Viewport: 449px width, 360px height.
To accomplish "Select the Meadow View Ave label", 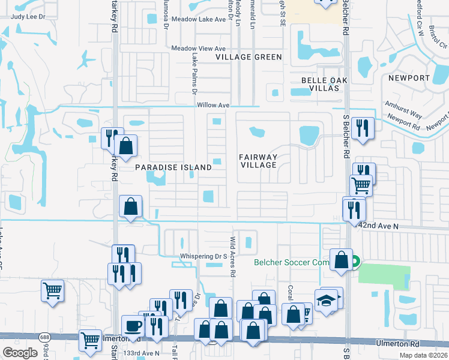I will [198, 49].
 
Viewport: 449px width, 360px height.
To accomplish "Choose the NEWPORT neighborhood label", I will [409, 79].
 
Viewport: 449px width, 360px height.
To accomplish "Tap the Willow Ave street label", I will [214, 105].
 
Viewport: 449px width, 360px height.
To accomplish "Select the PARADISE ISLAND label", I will [173, 167].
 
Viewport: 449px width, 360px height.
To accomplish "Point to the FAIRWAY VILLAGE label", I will [258, 161].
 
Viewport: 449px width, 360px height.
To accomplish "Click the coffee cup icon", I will [133, 326].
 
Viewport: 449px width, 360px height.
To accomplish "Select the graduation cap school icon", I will [326, 299].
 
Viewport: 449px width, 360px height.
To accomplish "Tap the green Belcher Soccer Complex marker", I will [355, 262].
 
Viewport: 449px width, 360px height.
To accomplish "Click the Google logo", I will [20, 352].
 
